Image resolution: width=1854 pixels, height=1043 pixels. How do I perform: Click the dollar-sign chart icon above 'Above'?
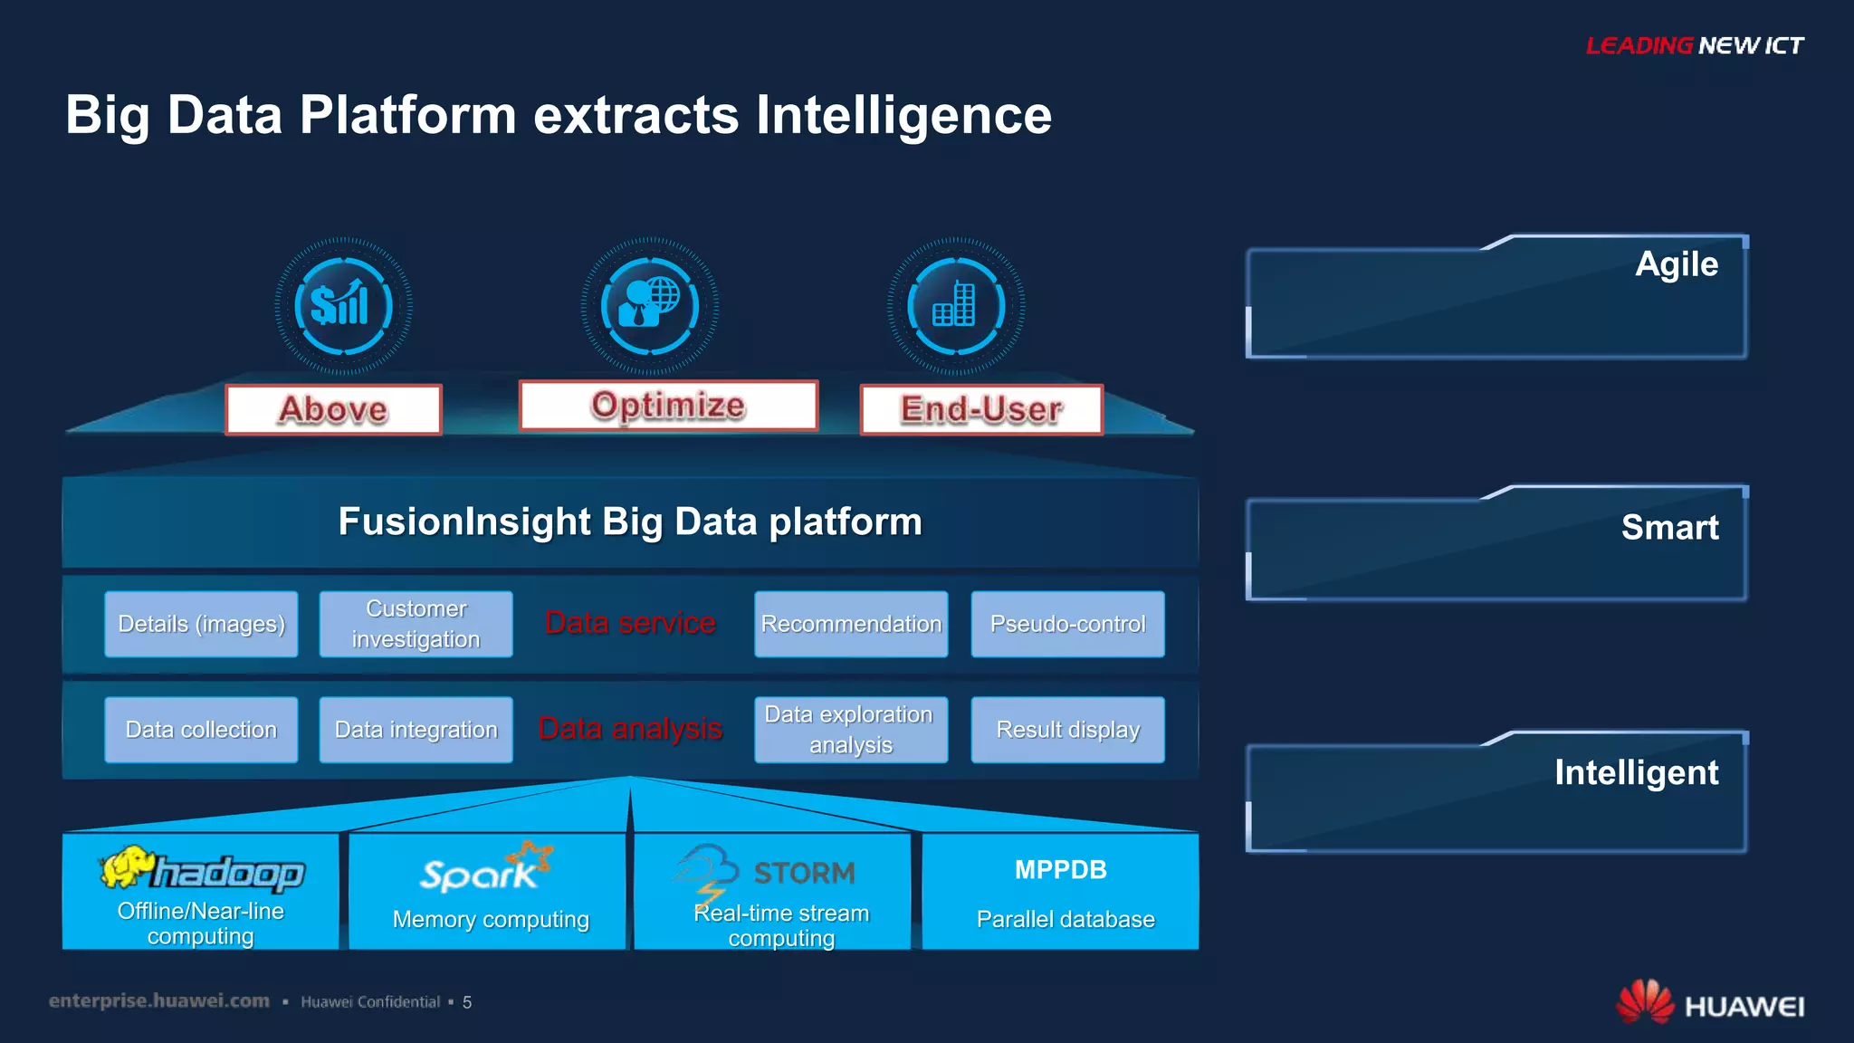click(342, 305)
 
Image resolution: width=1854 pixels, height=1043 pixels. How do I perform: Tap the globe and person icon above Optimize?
click(649, 305)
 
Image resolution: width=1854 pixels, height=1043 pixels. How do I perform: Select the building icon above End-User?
click(955, 305)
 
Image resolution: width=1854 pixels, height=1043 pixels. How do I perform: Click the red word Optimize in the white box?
click(668, 405)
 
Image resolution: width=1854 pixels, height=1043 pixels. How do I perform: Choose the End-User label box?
click(981, 409)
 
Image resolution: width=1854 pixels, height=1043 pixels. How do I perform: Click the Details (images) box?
click(201, 624)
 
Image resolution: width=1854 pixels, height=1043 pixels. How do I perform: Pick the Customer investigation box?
click(416, 624)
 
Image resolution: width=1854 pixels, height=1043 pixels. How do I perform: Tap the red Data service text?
click(630, 623)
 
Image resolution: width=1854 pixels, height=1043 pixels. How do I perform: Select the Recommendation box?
click(851, 624)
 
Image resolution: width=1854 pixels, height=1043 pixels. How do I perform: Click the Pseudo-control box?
click(1067, 624)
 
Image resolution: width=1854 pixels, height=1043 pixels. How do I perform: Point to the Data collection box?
click(201, 730)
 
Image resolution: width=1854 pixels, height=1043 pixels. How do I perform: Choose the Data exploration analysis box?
click(851, 730)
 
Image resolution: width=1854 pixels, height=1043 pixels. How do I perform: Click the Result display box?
click(1067, 730)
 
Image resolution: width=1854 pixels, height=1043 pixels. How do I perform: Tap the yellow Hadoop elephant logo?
click(127, 867)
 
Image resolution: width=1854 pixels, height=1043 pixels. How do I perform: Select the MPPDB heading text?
click(1060, 870)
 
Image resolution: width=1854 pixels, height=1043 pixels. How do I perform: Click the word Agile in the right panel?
click(1676, 264)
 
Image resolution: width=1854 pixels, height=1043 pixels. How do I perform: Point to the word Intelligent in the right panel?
click(1636, 772)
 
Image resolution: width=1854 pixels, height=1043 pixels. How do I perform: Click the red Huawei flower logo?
click(1644, 1002)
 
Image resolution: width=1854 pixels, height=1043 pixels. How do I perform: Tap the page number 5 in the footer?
click(467, 1002)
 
